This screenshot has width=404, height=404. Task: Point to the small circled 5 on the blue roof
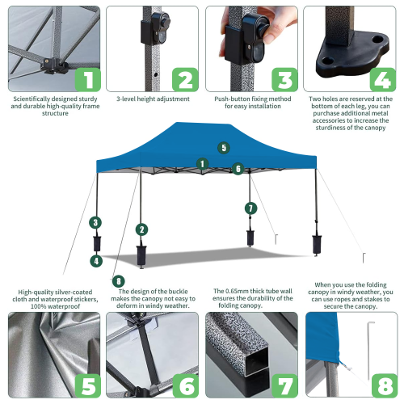point(224,148)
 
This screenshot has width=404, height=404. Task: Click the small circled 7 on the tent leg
point(250,208)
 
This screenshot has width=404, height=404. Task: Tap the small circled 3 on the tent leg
point(95,222)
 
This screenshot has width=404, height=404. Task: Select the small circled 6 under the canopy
point(238,169)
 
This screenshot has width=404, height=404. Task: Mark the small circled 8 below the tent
point(119,280)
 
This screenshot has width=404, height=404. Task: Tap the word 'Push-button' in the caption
point(231,99)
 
